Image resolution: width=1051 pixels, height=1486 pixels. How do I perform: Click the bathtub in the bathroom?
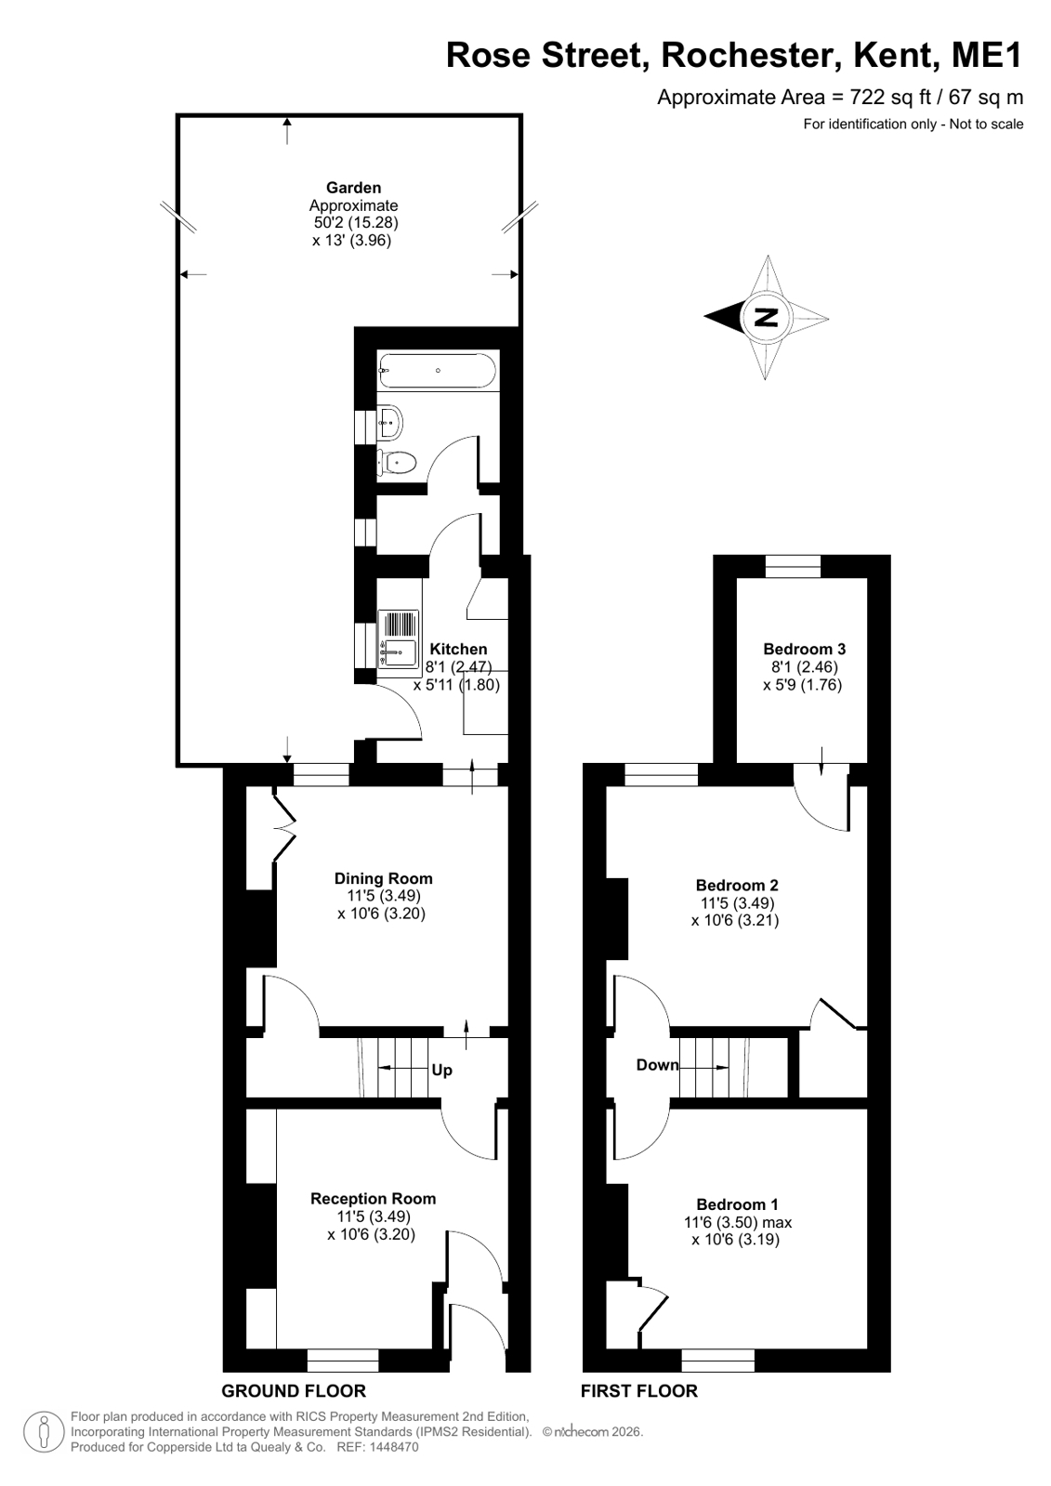437,370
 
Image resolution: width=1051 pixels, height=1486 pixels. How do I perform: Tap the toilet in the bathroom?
396,462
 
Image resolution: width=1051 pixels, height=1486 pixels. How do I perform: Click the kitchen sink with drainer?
398,638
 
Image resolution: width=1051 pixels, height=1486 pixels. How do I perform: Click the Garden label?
354,188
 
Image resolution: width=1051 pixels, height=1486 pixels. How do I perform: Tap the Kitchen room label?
458,649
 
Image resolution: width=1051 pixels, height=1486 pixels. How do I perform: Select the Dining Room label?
384,878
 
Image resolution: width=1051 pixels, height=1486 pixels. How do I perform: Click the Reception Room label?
374,1199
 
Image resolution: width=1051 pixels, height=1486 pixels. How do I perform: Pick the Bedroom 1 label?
737,1204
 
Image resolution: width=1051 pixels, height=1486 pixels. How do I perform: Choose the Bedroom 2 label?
737,885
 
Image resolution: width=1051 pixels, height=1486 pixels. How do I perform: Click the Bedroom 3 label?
804,649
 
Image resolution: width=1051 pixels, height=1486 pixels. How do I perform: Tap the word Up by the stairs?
442,1070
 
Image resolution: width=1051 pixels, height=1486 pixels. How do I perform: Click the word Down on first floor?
658,1065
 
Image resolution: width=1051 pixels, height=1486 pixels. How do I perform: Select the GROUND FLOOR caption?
294,1390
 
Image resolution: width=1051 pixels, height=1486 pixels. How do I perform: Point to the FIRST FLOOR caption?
639,1390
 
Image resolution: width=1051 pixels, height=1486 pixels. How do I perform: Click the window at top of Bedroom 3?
793,566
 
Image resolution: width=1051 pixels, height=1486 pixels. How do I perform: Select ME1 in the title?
987,55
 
